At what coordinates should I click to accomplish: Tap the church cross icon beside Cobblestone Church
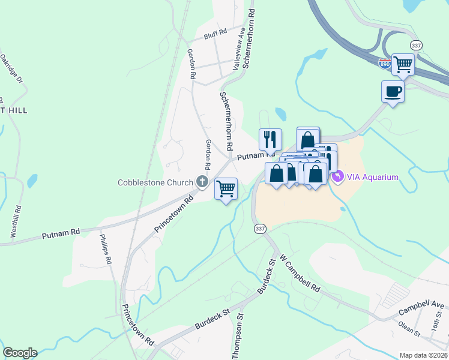(202, 182)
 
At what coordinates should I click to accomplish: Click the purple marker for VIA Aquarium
(337, 176)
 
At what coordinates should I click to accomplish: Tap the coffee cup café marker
(393, 91)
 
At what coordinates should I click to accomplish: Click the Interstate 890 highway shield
(385, 62)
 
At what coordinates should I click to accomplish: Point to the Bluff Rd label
(215, 32)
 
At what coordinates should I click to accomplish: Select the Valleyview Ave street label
(239, 49)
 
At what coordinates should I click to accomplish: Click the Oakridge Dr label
(11, 69)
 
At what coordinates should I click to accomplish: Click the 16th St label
(435, 329)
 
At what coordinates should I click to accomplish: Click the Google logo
(20, 353)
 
